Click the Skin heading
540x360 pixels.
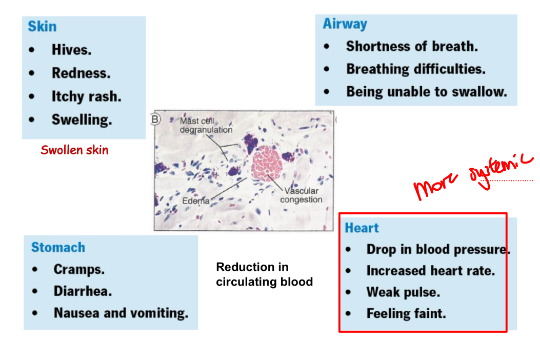coord(42,27)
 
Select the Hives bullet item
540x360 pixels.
coord(71,50)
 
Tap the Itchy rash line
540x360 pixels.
coord(86,96)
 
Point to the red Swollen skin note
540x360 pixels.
coord(74,150)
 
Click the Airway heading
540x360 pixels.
coord(345,24)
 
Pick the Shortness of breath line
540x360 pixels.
coord(412,46)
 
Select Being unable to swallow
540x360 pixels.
coord(426,92)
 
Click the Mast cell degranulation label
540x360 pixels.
coord(205,126)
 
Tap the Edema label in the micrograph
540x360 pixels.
coord(195,201)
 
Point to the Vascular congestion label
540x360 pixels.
coord(301,195)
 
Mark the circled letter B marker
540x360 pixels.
coord(155,119)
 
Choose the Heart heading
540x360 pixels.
coord(362,228)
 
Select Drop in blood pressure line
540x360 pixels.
coord(437,250)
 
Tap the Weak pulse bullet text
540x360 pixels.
coord(403,292)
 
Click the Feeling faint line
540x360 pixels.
coord(406,313)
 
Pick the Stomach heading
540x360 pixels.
coord(58,247)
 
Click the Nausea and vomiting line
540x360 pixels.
coord(121,313)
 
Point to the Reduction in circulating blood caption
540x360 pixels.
coord(264,274)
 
